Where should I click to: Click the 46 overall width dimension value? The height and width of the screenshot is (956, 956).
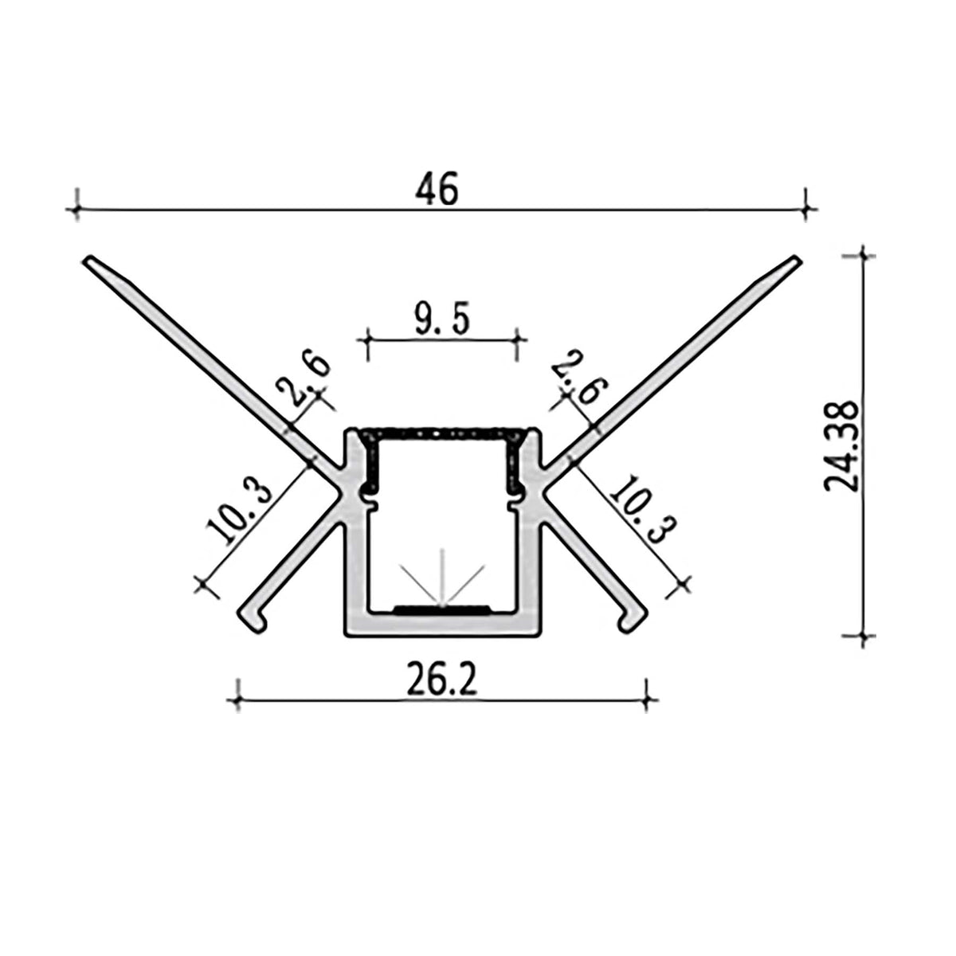(437, 190)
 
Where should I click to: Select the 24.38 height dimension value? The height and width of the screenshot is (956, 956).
(843, 446)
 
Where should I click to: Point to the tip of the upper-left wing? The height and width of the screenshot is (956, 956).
(90, 260)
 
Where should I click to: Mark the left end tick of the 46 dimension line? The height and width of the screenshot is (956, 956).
(76, 210)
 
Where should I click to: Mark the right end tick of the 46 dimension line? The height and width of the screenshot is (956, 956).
(807, 210)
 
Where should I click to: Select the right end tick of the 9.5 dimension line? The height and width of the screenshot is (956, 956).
(518, 340)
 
